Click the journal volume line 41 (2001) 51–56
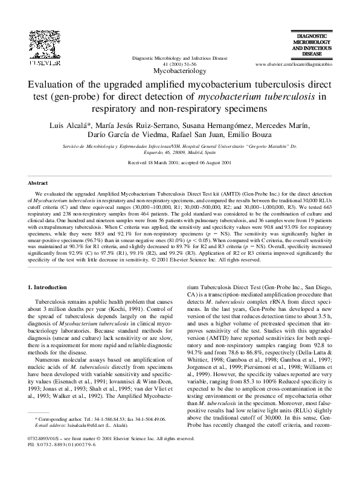tap(180, 63)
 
